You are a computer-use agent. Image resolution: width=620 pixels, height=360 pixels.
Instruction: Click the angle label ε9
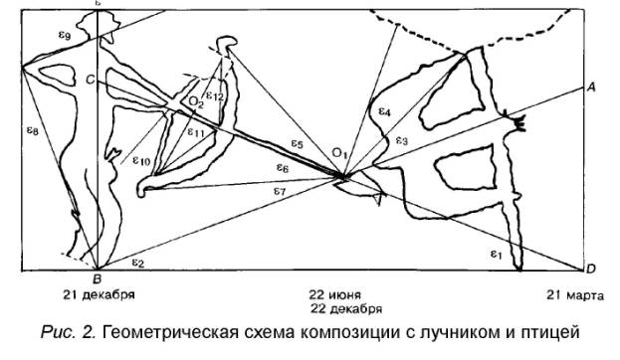click(65, 36)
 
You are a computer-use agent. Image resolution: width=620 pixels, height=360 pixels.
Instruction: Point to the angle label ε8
click(33, 130)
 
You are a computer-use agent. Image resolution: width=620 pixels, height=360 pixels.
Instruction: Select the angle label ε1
click(496, 254)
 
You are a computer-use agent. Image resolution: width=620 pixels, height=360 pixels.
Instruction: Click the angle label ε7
click(280, 191)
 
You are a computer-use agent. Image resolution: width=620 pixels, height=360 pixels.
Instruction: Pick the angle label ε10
click(141, 160)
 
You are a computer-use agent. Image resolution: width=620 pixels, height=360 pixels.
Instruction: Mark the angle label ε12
click(215, 96)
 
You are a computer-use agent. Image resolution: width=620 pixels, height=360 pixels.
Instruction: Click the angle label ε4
click(384, 111)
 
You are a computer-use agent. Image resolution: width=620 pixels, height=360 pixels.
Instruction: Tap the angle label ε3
click(401, 140)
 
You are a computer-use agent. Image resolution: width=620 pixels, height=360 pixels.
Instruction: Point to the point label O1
click(339, 152)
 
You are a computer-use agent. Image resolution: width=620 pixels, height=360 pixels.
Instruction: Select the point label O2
click(196, 102)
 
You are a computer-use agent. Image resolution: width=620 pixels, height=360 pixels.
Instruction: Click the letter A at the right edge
click(591, 87)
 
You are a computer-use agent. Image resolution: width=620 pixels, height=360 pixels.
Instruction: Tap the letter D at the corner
click(590, 270)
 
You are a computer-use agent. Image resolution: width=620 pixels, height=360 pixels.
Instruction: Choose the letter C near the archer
click(91, 80)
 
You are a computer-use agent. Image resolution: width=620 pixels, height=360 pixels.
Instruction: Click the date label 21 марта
click(575, 295)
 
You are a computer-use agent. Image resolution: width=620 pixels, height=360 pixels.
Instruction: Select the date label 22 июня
click(335, 294)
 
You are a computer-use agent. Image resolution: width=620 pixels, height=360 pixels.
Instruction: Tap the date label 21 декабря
click(99, 294)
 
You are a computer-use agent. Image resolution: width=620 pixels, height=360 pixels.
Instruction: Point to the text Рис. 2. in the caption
click(69, 332)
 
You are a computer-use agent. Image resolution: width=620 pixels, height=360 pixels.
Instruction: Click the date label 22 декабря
click(346, 308)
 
